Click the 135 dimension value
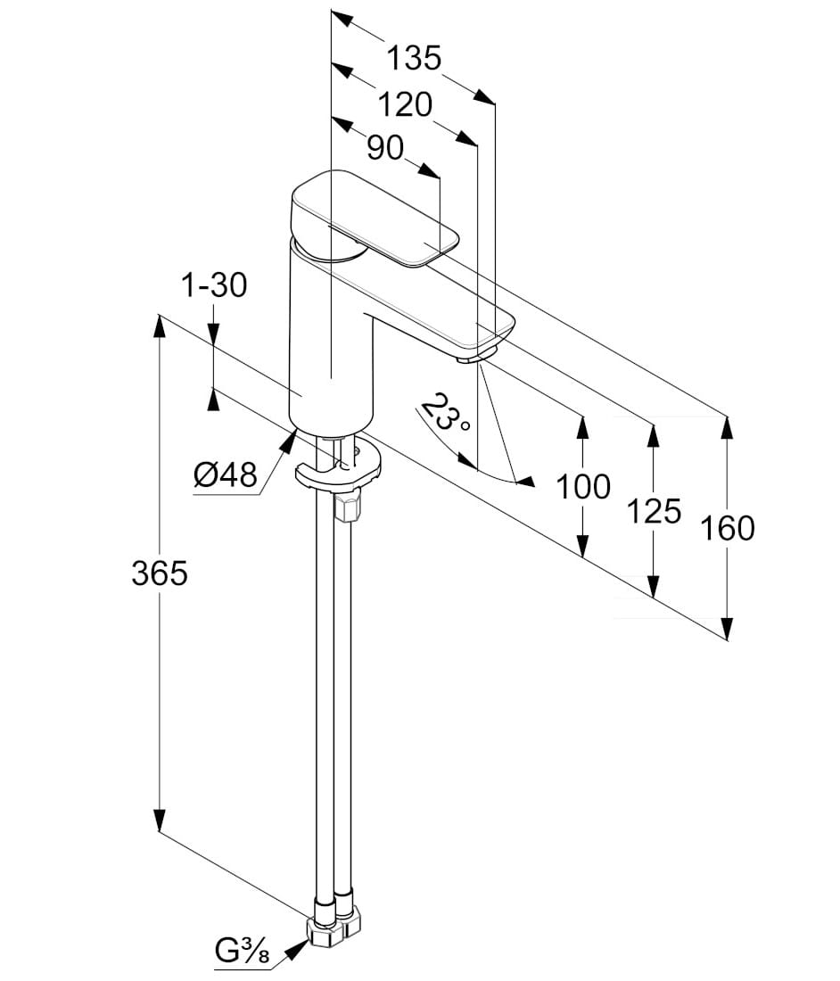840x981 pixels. tap(414, 59)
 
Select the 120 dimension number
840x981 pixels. tap(405, 105)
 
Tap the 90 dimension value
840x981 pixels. tap(384, 148)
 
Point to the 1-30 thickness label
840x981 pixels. tap(214, 285)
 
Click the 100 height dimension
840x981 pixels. tap(583, 487)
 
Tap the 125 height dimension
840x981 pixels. tap(654, 511)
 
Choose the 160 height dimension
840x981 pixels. tap(728, 529)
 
